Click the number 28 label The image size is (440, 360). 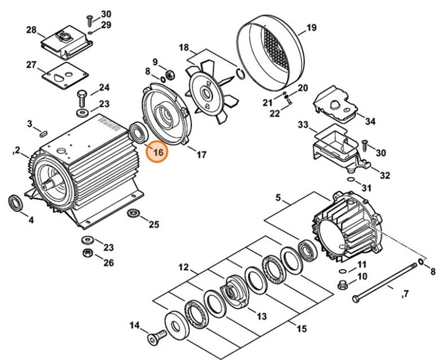point(31,30)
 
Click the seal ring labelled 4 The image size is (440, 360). point(17,202)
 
